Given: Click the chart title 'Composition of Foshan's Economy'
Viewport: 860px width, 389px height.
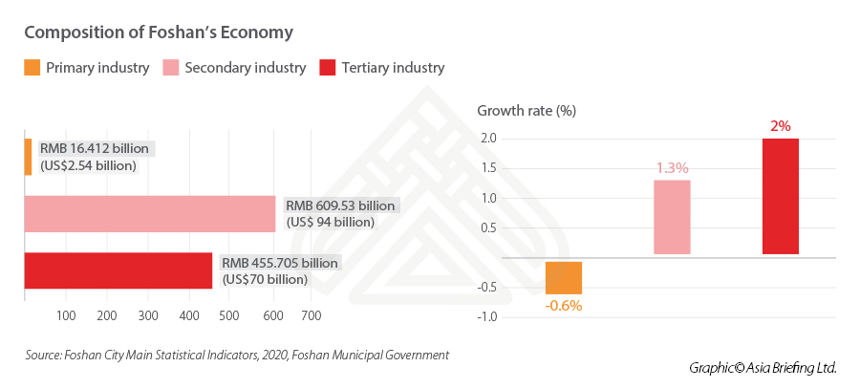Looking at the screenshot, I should pos(158,32).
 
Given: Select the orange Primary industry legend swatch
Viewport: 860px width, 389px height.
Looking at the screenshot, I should pos(32,68).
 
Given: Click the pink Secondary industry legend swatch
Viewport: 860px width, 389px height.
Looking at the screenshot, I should pos(170,68).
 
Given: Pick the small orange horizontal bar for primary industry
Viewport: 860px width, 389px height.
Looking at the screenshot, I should pos(28,157).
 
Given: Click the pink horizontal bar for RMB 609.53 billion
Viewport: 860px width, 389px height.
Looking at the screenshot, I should pos(149,213).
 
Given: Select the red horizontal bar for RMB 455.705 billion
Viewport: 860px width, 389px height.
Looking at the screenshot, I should pos(118,270).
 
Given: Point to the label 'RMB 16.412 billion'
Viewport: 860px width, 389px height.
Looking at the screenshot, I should pos(95,148).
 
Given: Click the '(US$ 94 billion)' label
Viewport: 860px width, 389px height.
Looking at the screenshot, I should pos(330,222).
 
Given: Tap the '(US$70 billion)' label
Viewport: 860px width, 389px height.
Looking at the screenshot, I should pos(265,279).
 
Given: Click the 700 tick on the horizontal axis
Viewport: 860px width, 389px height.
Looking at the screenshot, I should pos(312,315).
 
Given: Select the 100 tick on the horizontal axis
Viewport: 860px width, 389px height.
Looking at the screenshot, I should pos(66,315).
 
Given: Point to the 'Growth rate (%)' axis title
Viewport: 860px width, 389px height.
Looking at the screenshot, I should pos(526,110).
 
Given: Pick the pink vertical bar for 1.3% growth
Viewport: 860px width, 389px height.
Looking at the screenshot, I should pos(672,217).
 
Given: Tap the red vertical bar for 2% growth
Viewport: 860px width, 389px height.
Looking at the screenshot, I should pos(780,197).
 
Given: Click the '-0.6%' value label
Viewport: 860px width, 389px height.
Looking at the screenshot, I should pos(564,306).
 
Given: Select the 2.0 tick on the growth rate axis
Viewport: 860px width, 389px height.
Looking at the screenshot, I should pos(488,139).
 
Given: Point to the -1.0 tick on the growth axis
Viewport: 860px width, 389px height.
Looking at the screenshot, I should pos(486,316).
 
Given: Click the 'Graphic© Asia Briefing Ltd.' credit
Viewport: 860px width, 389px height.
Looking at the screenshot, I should pos(762,367).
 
